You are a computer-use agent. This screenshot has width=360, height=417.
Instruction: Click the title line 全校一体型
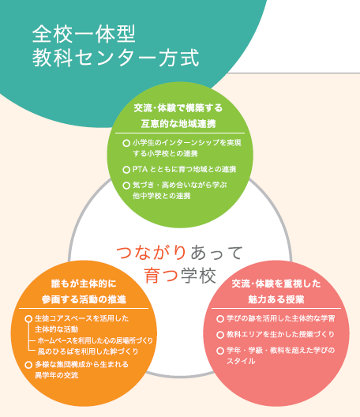coord(84,34)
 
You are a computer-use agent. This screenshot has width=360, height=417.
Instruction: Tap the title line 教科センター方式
coord(115,58)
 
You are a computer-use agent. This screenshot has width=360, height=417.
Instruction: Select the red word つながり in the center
coord(151,252)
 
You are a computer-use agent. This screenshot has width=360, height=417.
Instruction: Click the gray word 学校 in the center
coord(198,276)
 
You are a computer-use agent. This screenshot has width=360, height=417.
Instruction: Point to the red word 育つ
coord(161,276)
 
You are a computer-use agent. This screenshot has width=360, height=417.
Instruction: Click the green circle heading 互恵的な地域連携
coord(178,124)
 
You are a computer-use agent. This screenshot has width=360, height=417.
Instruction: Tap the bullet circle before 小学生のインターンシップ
coord(126,143)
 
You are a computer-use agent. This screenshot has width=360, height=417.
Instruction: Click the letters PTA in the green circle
coord(140,169)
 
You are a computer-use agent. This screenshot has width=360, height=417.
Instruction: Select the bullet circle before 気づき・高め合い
coord(126,186)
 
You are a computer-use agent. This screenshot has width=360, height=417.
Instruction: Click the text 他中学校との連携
coord(161,196)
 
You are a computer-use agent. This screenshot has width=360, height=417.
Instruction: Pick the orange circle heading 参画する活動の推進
coord(84,300)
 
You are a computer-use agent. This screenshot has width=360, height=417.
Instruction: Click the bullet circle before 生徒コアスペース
coord(28,318)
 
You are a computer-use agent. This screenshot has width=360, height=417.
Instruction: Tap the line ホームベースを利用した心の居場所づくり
coord(96,340)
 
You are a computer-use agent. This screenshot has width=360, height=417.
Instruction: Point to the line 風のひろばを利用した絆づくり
coord(88,351)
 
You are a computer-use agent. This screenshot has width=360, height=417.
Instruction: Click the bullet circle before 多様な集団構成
coord(28,365)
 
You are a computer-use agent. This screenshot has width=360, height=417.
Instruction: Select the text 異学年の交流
coord(56,375)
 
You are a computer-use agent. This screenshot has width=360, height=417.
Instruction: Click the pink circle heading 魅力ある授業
coord(276,300)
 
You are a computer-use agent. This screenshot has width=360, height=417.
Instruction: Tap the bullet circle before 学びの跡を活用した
coord(220,318)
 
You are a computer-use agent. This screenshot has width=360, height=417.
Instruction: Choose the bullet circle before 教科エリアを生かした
coord(220,335)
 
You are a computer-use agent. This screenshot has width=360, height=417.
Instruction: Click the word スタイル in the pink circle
coord(241,361)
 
